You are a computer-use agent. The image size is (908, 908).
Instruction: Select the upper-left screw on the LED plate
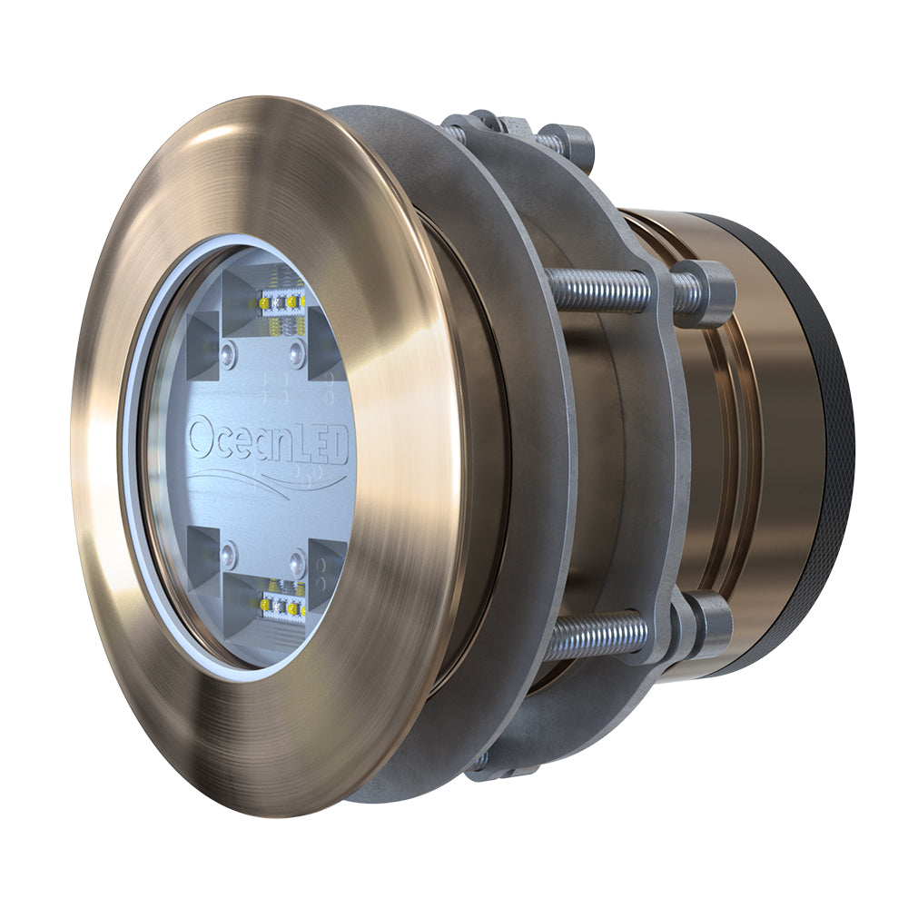pyautogui.click(x=229, y=354)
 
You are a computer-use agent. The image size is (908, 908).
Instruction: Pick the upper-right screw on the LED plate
pyautogui.click(x=297, y=354)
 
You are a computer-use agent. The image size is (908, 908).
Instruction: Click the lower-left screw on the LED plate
pyautogui.click(x=229, y=553)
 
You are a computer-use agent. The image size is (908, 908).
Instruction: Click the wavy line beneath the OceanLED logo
pyautogui.click(x=263, y=480)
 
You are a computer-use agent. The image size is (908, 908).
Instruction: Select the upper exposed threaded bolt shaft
pyautogui.click(x=599, y=290)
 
